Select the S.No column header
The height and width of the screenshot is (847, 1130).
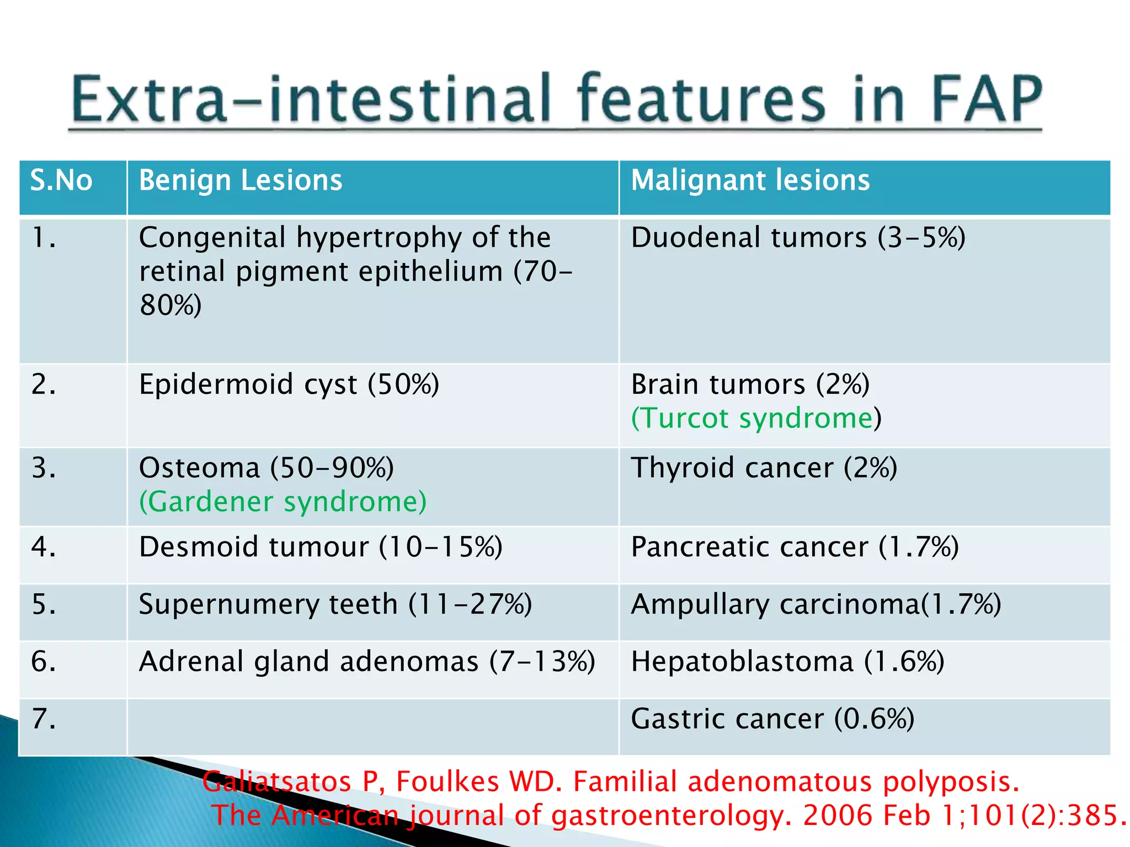pyautogui.click(x=61, y=181)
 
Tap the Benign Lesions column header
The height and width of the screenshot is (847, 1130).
pyautogui.click(x=241, y=181)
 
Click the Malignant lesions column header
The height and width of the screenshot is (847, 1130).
pyautogui.click(x=750, y=181)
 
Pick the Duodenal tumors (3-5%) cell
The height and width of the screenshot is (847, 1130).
pyautogui.click(x=798, y=238)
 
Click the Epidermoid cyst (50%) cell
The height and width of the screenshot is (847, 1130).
pyautogui.click(x=289, y=384)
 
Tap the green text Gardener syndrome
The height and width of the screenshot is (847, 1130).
pyautogui.click(x=282, y=502)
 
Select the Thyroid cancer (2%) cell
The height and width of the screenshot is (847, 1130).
pyautogui.click(x=764, y=468)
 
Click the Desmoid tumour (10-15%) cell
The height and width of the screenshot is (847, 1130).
pyautogui.click(x=321, y=548)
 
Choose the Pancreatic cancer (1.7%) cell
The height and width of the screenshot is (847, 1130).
pyautogui.click(x=795, y=548)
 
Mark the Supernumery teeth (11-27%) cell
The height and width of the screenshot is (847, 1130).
pyautogui.click(x=335, y=604)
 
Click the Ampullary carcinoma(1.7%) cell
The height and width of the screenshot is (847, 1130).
pyautogui.click(x=815, y=604)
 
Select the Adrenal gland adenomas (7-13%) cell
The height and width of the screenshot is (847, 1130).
pyautogui.click(x=367, y=662)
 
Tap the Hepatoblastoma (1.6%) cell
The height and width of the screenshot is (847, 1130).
pyautogui.click(x=787, y=662)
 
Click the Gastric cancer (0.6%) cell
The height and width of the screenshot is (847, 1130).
pyautogui.click(x=772, y=719)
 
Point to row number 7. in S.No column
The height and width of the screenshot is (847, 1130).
pyautogui.click(x=44, y=719)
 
